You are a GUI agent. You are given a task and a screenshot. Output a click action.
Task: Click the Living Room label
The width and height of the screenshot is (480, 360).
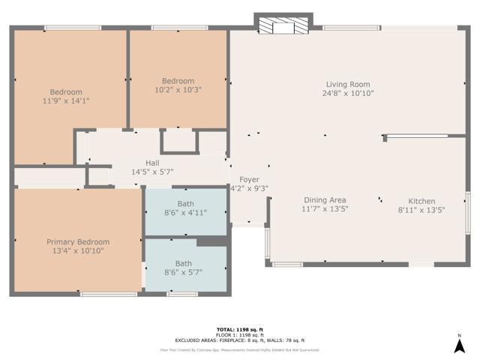tap(348, 84)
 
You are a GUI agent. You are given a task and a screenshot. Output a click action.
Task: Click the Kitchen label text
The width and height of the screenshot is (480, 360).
tap(421, 201)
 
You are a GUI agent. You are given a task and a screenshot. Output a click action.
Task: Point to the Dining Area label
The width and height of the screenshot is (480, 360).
tap(325, 199)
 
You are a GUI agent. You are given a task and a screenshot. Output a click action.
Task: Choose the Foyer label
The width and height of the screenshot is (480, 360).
tap(249, 180)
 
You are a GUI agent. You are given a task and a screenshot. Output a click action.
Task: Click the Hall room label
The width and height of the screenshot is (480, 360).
tap(152, 162)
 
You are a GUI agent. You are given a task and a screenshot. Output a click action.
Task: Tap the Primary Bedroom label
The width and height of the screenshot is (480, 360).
tap(78, 241)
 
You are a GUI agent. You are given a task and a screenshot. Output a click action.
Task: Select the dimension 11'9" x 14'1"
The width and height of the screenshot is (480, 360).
tap(66, 100)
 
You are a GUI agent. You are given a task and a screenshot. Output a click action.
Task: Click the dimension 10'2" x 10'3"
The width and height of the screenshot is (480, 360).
tap(178, 89)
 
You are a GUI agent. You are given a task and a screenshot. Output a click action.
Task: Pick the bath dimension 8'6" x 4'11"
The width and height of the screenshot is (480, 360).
tap(185, 212)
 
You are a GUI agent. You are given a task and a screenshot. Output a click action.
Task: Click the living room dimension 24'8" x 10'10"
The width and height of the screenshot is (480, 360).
tap(348, 93)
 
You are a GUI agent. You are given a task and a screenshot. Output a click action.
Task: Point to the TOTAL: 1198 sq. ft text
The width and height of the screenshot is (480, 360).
tap(239, 329)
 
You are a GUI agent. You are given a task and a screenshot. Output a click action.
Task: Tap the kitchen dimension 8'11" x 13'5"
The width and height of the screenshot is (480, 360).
tap(421, 210)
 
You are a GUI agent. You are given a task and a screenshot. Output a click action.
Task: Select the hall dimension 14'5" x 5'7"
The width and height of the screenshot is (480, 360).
tap(152, 171)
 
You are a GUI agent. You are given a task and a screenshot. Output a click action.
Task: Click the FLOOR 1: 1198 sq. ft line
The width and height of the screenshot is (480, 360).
tap(239, 334)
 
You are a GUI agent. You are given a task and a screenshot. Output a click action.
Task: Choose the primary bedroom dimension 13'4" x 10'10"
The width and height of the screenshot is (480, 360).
tap(78, 250)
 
